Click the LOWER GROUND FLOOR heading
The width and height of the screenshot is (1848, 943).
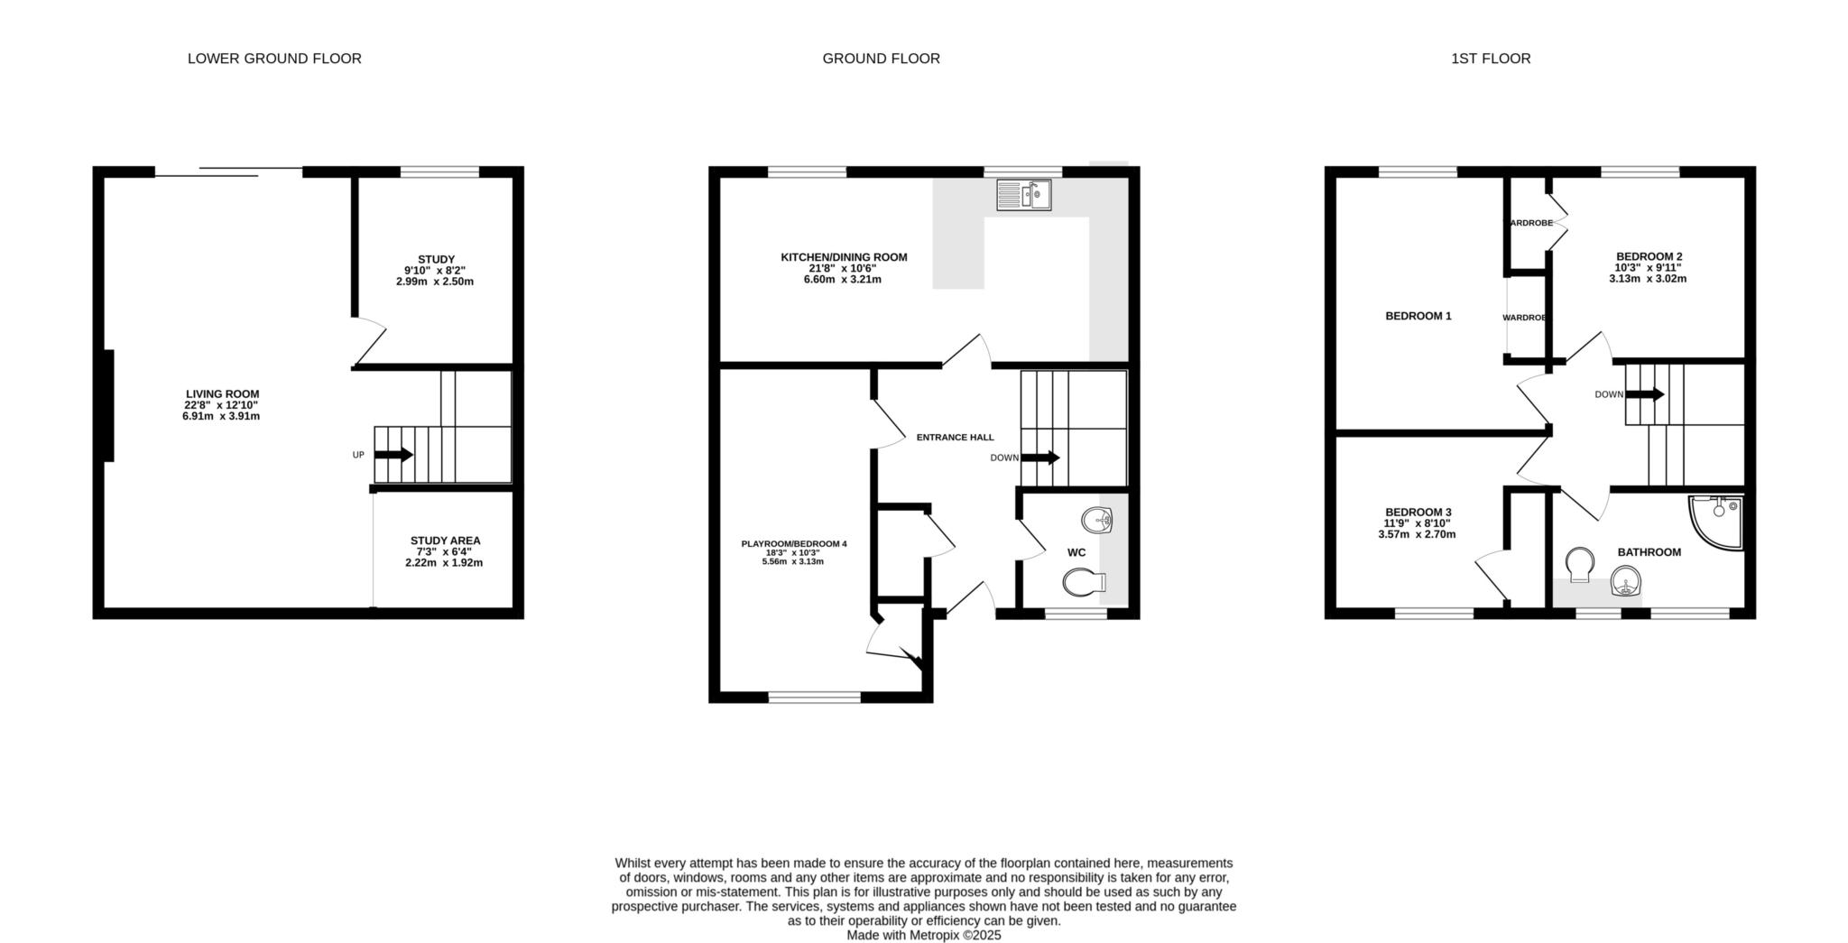click(274, 59)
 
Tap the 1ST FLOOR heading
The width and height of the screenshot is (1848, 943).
click(1491, 59)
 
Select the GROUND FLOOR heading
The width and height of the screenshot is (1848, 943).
click(881, 59)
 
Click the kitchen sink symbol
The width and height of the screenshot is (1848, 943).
click(1024, 195)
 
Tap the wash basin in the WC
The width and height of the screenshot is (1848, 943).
click(1097, 520)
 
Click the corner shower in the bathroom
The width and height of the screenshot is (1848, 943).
click(1716, 522)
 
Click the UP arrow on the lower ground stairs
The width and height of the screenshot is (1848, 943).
click(393, 455)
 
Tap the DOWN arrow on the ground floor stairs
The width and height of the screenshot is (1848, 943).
click(1040, 458)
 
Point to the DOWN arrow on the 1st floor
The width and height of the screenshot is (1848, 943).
click(1645, 394)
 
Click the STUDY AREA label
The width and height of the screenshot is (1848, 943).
click(445, 541)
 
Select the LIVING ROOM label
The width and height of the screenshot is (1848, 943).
click(222, 394)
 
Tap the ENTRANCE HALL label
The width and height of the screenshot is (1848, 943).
click(955, 438)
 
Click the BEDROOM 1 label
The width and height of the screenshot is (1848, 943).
click(1418, 316)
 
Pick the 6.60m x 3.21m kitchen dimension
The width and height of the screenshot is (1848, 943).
click(843, 280)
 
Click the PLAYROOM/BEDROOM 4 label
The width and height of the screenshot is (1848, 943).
click(794, 544)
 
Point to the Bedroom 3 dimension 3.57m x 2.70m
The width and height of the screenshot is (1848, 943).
click(1417, 534)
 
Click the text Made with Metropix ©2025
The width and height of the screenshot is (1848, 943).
click(924, 936)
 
